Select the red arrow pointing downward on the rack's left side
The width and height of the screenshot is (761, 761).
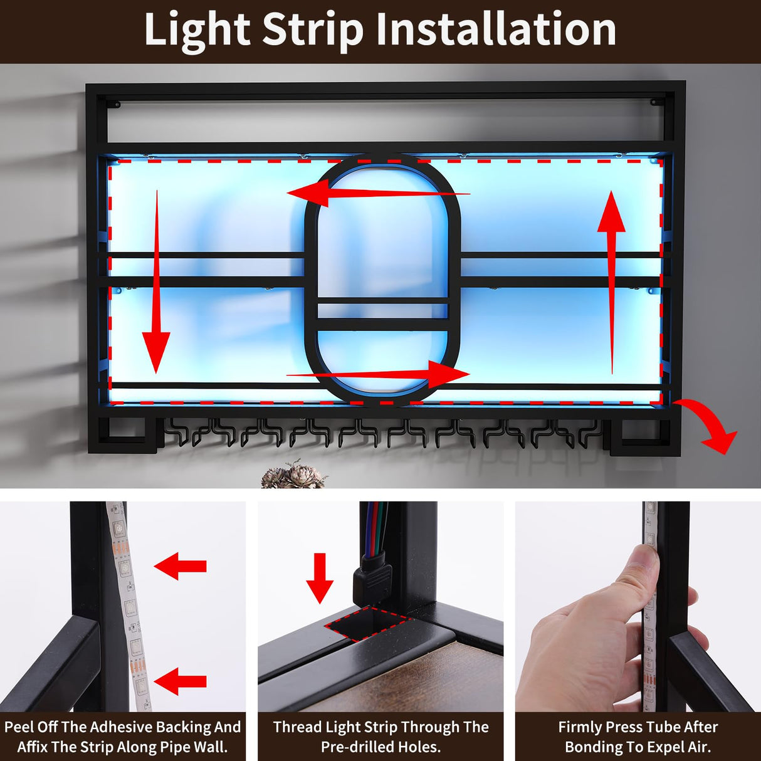[156, 282]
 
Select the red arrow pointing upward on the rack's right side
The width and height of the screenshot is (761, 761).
[611, 282]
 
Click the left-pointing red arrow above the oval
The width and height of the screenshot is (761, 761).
[376, 193]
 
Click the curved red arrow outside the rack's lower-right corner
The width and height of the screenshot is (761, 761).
[711, 426]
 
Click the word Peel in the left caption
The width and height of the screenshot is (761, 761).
[20, 727]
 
